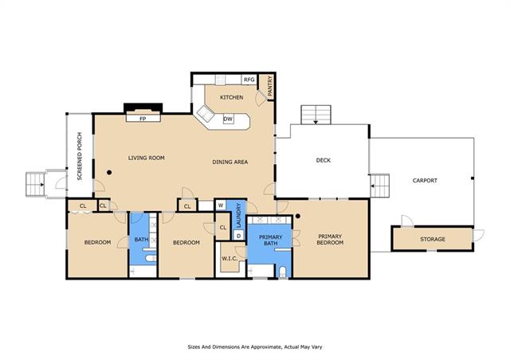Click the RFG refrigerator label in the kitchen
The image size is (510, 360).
[249, 80]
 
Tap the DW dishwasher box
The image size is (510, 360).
[228, 119]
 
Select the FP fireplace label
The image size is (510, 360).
[143, 119]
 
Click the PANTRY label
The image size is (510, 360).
[269, 86]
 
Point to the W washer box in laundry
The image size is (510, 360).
[221, 205]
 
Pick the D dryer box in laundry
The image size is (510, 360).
[239, 236]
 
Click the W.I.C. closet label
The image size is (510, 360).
[229, 259]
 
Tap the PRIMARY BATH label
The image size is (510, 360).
[270, 240]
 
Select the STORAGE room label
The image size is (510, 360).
[433, 239]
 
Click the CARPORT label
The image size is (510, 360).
[425, 181]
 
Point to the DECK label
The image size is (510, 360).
[324, 160]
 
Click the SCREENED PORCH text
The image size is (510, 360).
[80, 156]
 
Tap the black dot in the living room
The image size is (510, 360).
[109, 172]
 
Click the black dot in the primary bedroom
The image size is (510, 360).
[298, 216]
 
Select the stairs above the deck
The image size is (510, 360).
[316, 115]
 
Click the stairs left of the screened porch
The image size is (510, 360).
[35, 185]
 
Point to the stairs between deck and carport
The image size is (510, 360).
[380, 186]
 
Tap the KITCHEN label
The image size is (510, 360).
[232, 97]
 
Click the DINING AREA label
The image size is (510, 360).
[230, 162]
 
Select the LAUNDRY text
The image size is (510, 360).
[238, 215]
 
